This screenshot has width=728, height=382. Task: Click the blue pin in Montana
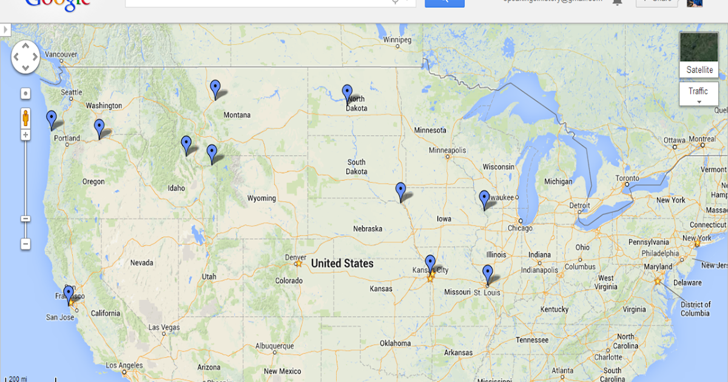[215, 87]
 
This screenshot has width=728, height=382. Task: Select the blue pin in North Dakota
[347, 92]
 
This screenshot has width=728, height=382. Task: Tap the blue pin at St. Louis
[488, 273]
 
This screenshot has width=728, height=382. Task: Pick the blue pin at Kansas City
[430, 263]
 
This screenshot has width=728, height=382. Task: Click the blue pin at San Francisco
[69, 294]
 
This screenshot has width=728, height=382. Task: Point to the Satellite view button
[699, 55]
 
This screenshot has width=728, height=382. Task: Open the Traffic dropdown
[698, 94]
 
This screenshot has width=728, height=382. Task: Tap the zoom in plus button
[25, 135]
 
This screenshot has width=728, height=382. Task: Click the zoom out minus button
[25, 244]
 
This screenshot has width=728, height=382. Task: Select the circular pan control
[25, 58]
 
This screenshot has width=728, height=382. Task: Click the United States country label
[342, 263]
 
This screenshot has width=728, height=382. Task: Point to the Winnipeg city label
[397, 40]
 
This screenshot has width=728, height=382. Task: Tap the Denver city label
[295, 257]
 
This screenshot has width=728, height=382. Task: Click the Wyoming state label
[261, 198]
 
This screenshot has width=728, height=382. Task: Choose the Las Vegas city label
[164, 327]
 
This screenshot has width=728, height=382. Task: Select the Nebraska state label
[368, 229]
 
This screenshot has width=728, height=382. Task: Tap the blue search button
[445, 2]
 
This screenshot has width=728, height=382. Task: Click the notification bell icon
[618, 2]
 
